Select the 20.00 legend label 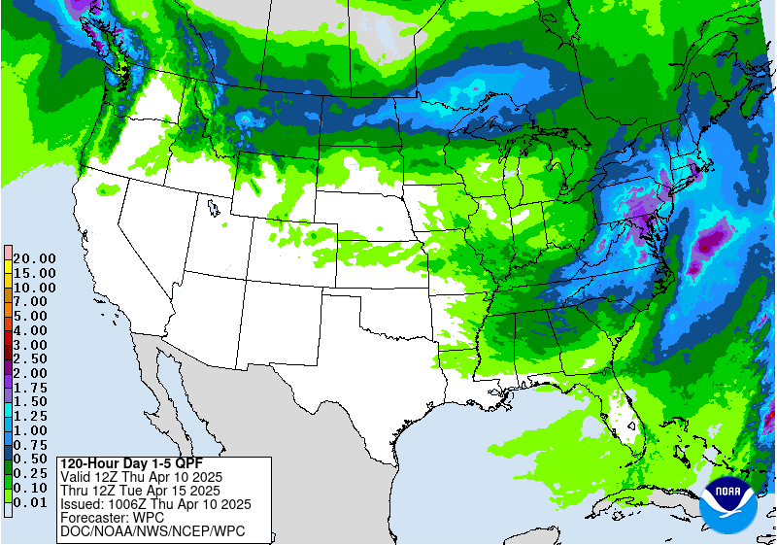35,258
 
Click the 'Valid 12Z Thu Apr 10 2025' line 141,476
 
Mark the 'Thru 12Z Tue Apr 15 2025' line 141,491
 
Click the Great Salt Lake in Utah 212,207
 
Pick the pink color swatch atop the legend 7,253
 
